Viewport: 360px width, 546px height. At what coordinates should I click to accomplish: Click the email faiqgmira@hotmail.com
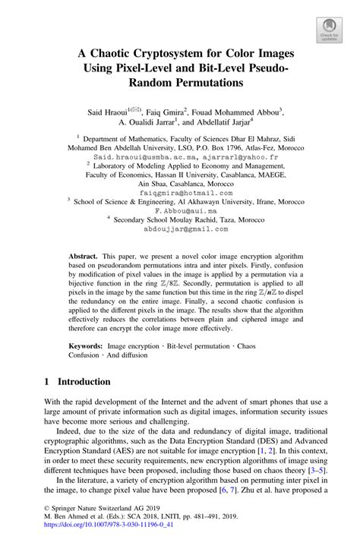[179, 194]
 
